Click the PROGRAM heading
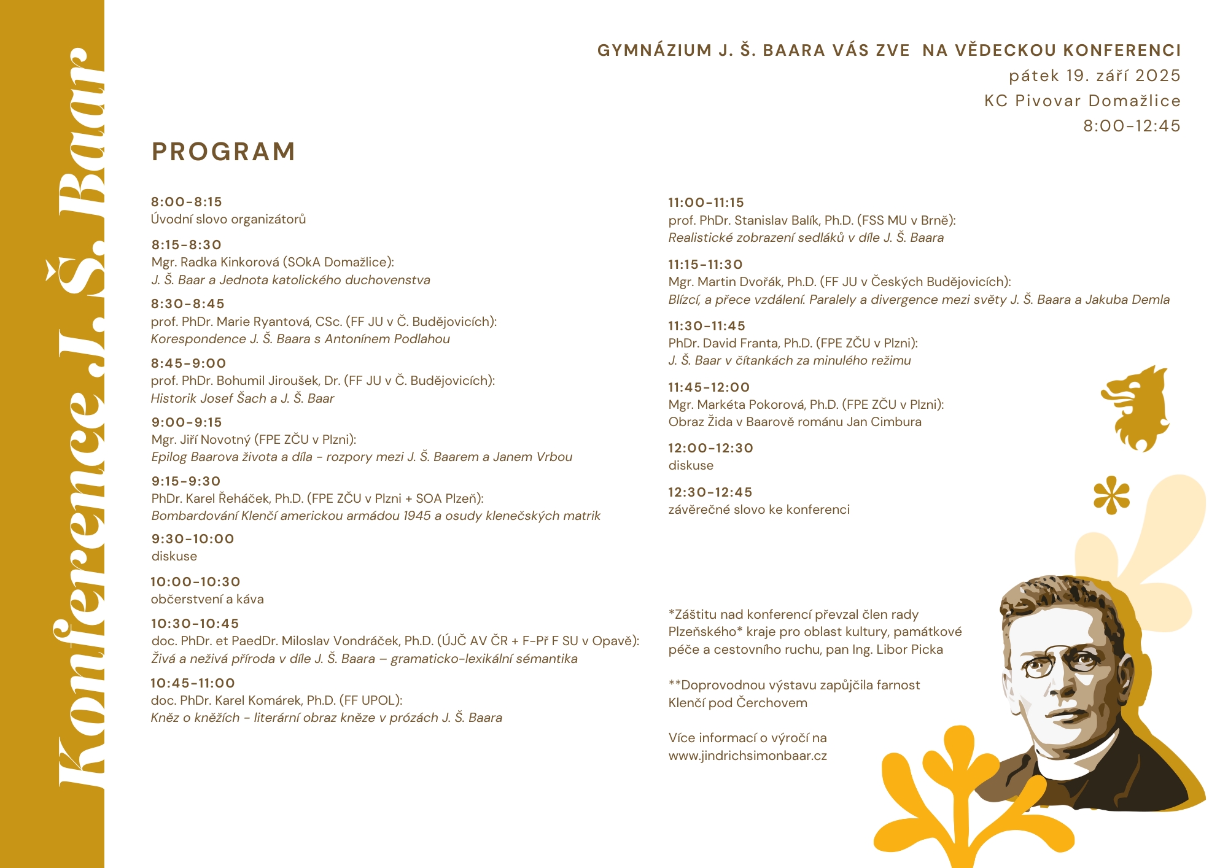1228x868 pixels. [223, 152]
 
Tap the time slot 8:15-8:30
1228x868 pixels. [187, 245]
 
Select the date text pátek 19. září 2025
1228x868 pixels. [1095, 76]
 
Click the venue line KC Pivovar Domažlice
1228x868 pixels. [1082, 101]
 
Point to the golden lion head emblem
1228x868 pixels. [1135, 408]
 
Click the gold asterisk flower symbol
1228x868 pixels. [1111, 495]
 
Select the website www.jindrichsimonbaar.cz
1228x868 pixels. [747, 756]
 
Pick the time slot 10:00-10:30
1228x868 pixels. [195, 582]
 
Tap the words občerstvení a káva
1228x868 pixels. [208, 599]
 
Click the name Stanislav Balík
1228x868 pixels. [776, 220]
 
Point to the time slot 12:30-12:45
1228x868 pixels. [710, 492]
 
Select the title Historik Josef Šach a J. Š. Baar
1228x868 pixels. [243, 398]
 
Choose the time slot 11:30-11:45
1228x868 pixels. [706, 326]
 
